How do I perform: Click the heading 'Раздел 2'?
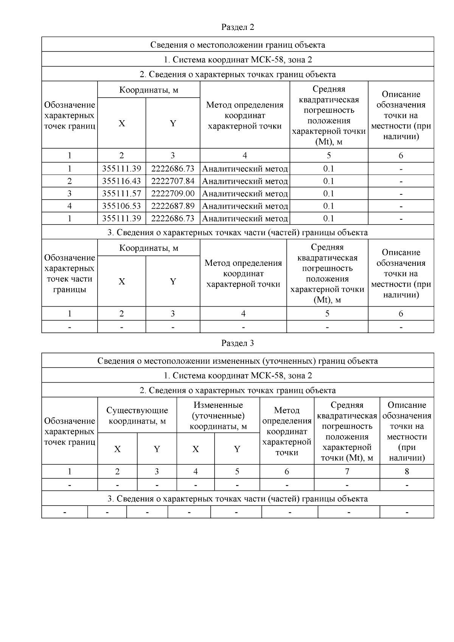coord(238,27)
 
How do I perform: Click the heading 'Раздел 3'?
coord(238,343)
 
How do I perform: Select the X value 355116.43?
coord(121,181)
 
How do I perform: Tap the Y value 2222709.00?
coord(173,194)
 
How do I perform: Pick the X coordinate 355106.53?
coord(121,206)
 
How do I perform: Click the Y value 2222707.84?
coord(173,181)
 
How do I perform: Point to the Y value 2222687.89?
coord(173,206)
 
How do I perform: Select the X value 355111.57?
coord(121,194)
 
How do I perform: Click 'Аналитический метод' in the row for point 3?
coord(245,194)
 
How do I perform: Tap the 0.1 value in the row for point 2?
coord(329,181)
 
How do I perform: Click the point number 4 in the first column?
coord(70,206)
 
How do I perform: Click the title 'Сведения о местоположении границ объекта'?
coord(238,45)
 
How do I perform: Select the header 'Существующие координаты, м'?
coord(137,416)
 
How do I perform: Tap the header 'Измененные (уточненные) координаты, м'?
coord(218,416)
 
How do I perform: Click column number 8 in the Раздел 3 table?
coord(407,471)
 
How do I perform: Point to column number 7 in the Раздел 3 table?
coord(347,471)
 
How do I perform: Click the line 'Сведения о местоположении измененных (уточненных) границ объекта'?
coord(238,361)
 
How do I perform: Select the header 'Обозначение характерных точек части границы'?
coord(70,273)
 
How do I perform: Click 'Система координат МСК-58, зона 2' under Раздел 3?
coord(238,375)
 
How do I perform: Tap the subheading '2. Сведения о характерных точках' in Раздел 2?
coord(238,74)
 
